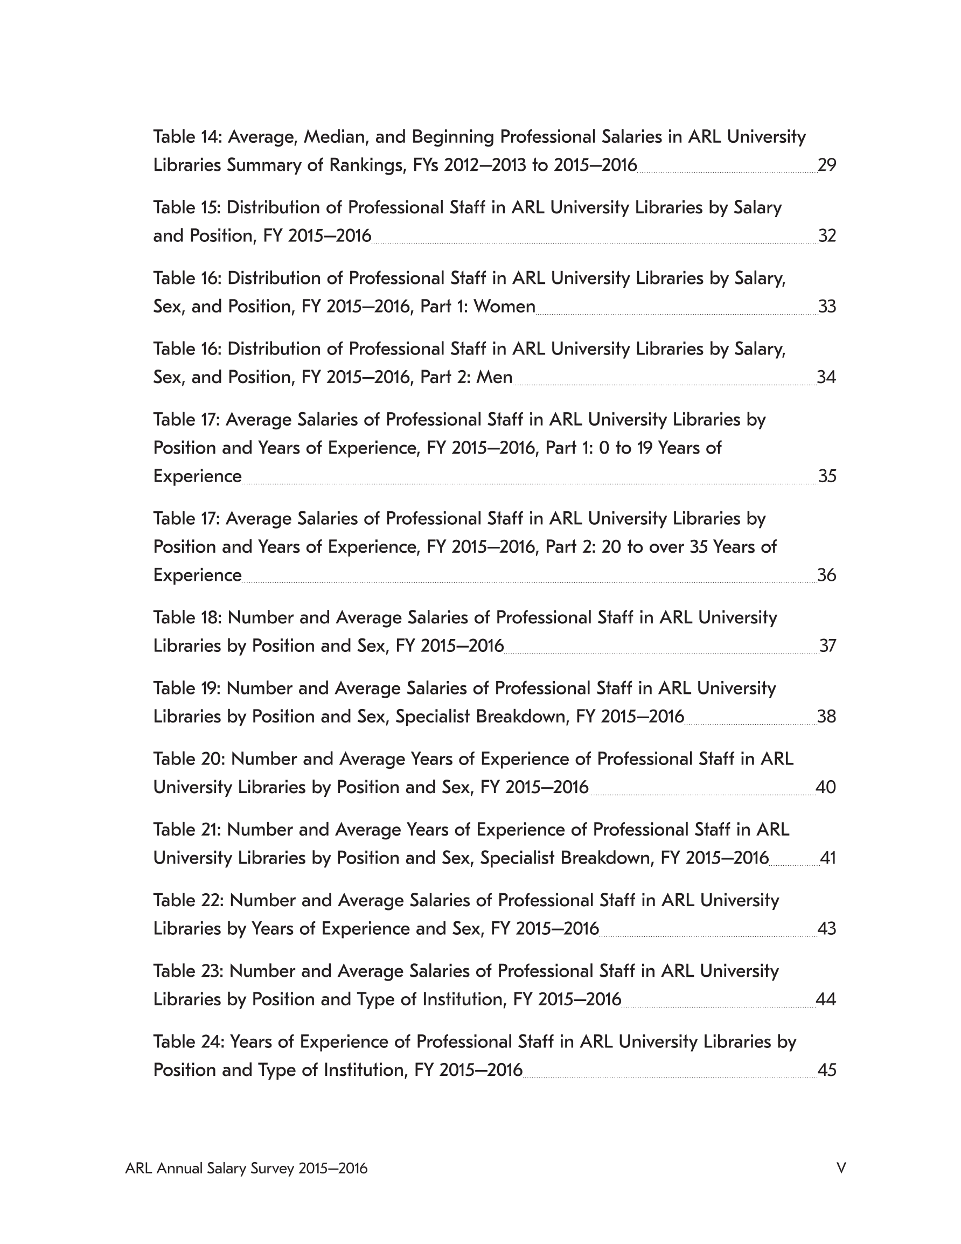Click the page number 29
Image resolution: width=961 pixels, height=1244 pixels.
click(826, 165)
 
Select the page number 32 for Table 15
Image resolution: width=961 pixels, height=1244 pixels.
click(827, 236)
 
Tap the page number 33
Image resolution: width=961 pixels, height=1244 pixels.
click(827, 307)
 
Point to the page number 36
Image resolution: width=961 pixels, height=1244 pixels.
click(826, 575)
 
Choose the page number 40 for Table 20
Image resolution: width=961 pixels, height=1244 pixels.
click(825, 787)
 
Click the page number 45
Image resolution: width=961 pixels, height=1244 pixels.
click(826, 1071)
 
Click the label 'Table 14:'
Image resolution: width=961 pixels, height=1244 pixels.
click(187, 137)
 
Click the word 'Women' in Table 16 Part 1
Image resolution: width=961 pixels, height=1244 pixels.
click(504, 307)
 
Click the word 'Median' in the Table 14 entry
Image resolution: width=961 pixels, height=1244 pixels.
click(330, 137)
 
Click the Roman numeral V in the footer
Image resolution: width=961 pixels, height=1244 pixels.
click(841, 1169)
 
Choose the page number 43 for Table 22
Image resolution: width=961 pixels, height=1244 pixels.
click(826, 928)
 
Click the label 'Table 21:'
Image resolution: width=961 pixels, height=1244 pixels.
click(187, 830)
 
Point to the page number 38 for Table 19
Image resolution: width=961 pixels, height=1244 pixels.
click(826, 717)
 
